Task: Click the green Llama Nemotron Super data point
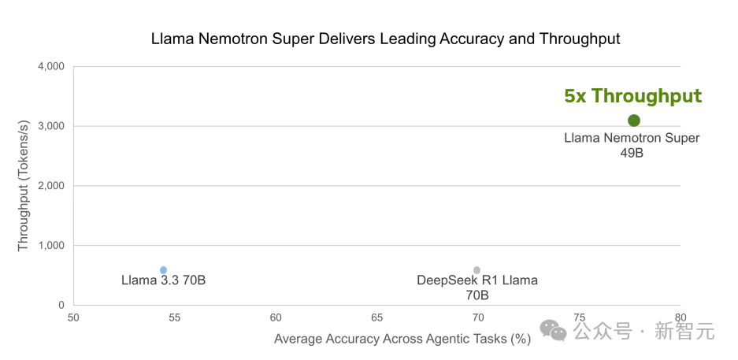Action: pos(633,121)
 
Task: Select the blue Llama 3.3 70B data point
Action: pos(164,270)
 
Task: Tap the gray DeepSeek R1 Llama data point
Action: pos(477,270)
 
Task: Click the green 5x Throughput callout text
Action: pos(632,96)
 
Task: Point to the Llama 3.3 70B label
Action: pos(164,280)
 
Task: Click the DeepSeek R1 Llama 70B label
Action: pos(477,288)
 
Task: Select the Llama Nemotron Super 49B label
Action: pos(632,146)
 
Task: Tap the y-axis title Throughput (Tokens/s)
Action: pos(23,186)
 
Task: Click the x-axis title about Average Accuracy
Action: pos(402,339)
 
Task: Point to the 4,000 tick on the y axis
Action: pos(50,66)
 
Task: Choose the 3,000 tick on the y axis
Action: pos(50,126)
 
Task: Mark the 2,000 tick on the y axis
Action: pos(50,186)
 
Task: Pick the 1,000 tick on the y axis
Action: pos(50,246)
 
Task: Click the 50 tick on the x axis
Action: pos(73,317)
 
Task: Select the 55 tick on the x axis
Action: pos(175,317)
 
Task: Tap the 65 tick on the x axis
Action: pos(376,317)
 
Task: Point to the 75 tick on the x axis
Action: pos(579,317)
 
